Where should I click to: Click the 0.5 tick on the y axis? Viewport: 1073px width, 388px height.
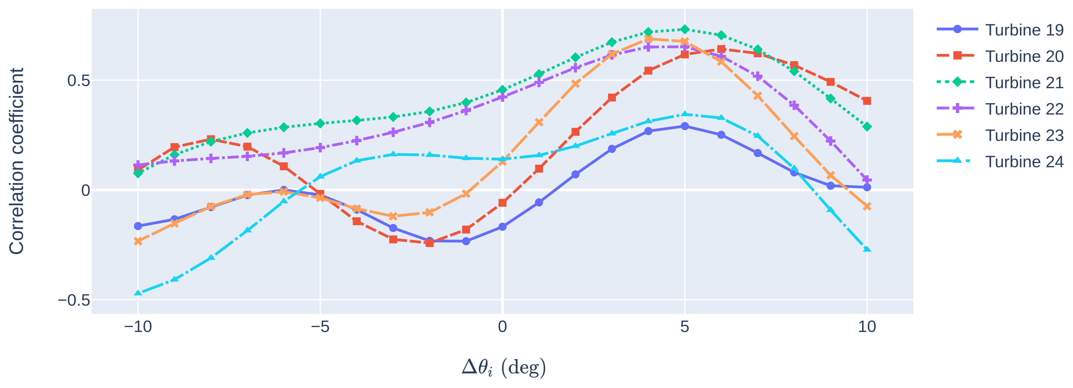pos(78,80)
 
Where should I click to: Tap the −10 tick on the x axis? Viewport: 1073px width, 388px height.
pos(138,327)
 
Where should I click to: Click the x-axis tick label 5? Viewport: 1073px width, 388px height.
pos(684,327)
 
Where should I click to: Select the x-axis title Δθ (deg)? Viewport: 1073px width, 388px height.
pos(503,367)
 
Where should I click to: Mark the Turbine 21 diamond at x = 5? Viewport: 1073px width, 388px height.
pos(684,29)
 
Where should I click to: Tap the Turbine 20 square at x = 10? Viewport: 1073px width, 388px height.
pos(867,101)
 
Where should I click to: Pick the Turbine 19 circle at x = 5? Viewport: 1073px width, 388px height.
pos(684,126)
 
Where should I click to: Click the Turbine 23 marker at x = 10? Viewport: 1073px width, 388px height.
pos(867,206)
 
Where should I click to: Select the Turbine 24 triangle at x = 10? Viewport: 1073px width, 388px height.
pos(867,249)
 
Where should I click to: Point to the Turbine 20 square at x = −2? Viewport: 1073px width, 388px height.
pos(430,243)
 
